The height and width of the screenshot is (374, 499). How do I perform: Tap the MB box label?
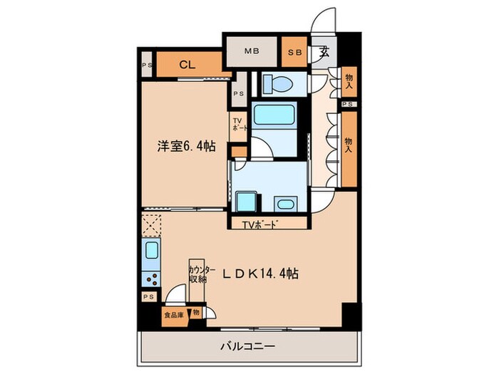pos(252,51)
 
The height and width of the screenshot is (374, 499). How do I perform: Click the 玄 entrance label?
pos(324,51)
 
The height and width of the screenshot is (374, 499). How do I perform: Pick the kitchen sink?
pos(151,251)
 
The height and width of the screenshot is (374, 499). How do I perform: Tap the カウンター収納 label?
pos(199,274)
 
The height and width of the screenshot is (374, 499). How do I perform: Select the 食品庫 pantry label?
pos(173,313)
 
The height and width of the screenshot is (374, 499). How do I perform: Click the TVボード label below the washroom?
pos(259,226)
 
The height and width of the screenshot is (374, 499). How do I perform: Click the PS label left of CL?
pos(145,66)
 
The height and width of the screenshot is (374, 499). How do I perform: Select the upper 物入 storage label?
pos(348,81)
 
